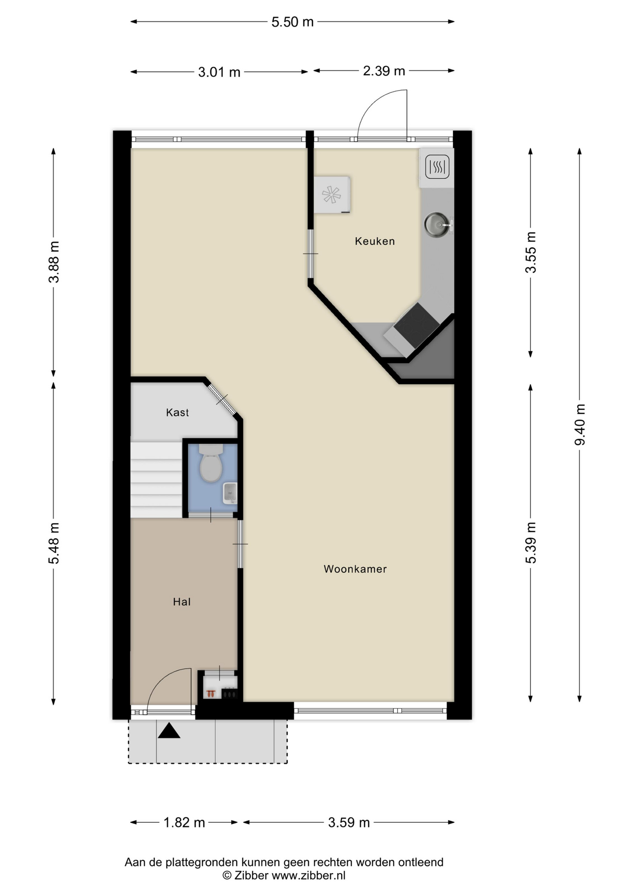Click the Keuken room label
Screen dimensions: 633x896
click(375, 241)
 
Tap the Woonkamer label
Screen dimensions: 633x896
click(355, 569)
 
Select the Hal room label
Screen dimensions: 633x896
click(182, 602)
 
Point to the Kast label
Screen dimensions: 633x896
click(178, 413)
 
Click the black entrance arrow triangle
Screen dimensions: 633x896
click(169, 731)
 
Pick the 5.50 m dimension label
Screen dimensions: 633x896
click(293, 22)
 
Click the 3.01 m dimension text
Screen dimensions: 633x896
click(219, 72)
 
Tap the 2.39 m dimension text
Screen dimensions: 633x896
click(384, 71)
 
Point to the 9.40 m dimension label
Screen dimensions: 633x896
click(580, 425)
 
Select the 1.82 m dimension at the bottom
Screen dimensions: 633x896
click(184, 823)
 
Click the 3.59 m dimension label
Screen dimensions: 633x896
click(349, 823)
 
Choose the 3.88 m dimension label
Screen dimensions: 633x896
click(54, 262)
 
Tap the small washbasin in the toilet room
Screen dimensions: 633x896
click(230, 493)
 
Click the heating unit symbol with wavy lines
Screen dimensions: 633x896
click(437, 167)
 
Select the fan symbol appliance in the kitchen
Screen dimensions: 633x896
click(332, 195)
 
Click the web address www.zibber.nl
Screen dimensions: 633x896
click(309, 876)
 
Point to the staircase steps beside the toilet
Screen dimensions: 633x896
click(156, 480)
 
